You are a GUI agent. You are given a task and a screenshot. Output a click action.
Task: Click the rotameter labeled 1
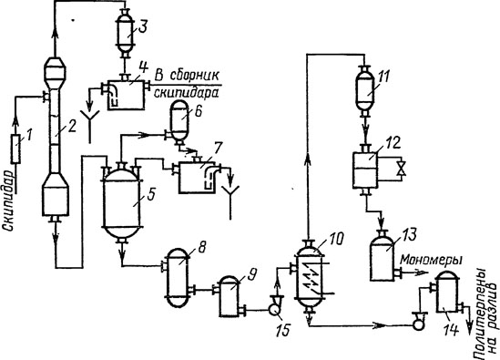[x=15, y=149]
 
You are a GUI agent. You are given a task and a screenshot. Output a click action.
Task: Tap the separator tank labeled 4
[x=127, y=95]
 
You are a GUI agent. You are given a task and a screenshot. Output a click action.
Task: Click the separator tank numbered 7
[x=197, y=178]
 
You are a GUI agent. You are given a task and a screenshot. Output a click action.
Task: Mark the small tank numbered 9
[x=229, y=292]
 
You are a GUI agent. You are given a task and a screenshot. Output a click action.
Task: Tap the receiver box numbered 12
[x=365, y=170]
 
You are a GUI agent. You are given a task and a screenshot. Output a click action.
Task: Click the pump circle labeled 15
[x=273, y=309]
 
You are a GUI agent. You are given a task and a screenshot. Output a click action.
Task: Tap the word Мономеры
[x=431, y=260]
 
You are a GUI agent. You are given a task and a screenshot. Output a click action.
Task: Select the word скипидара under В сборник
[x=186, y=93]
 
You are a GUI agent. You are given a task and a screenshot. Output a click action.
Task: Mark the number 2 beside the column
[x=72, y=127]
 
